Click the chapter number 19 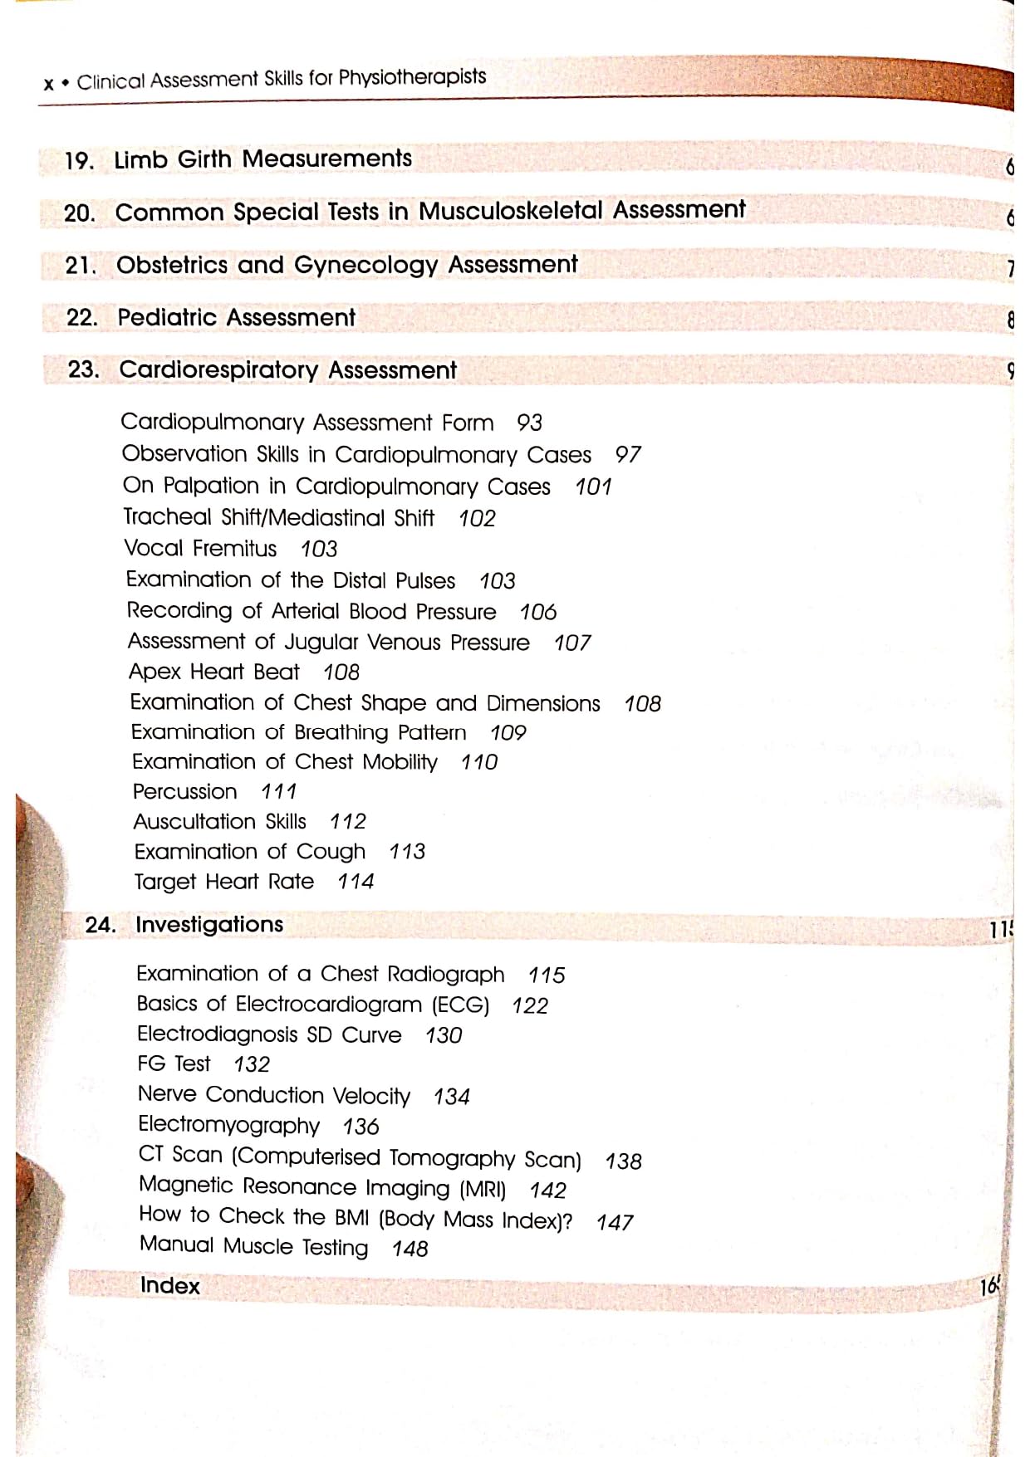coord(78,160)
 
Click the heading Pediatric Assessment coord(236,318)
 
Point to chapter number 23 coord(83,369)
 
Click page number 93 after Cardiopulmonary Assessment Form coord(529,423)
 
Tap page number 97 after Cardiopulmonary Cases coord(628,455)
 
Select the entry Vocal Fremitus coord(200,549)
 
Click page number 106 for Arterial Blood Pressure coord(538,612)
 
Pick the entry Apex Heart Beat coord(213,672)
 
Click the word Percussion coord(184,791)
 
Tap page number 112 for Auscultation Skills coord(347,821)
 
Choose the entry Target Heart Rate coord(224,881)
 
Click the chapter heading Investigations coord(209,924)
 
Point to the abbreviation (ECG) coord(460,1005)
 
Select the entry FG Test coord(174,1063)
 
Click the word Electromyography coord(228,1126)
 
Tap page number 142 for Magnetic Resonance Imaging coord(548,1190)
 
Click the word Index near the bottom coord(170,1285)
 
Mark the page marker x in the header coord(49,84)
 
